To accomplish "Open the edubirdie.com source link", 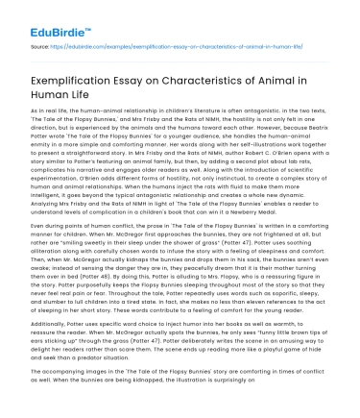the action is (133, 44).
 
